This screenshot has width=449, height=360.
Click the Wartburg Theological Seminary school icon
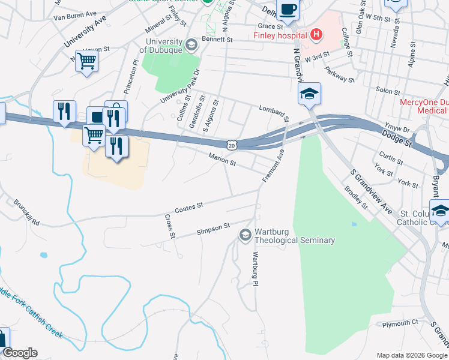[x=245, y=235]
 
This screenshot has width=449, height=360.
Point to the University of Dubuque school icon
[x=191, y=44]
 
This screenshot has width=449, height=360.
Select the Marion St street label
[x=222, y=159]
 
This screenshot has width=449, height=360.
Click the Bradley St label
[x=356, y=197]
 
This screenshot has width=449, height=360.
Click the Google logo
[x=19, y=353]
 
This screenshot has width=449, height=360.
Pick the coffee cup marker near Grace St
[x=288, y=10]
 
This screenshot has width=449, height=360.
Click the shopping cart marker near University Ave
[x=87, y=61]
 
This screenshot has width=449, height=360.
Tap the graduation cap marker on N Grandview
[x=309, y=94]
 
